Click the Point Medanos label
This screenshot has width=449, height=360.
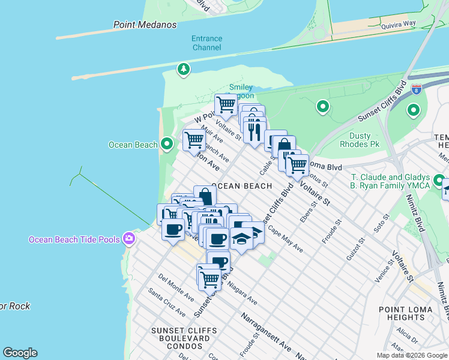pyautogui.click(x=145, y=25)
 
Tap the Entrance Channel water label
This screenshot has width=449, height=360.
pyautogui.click(x=206, y=43)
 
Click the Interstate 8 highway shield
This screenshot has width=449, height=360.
pyautogui.click(x=416, y=89)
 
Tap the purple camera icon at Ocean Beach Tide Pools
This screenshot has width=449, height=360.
pyautogui.click(x=128, y=239)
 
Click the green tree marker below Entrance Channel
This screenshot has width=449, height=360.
pyautogui.click(x=183, y=70)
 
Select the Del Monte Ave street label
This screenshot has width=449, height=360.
pyautogui.click(x=176, y=287)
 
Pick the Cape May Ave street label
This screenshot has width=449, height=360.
pyautogui.click(x=286, y=239)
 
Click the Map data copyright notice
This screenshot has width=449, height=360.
pyautogui.click(x=412, y=355)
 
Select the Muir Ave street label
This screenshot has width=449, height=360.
pyautogui.click(x=214, y=137)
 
